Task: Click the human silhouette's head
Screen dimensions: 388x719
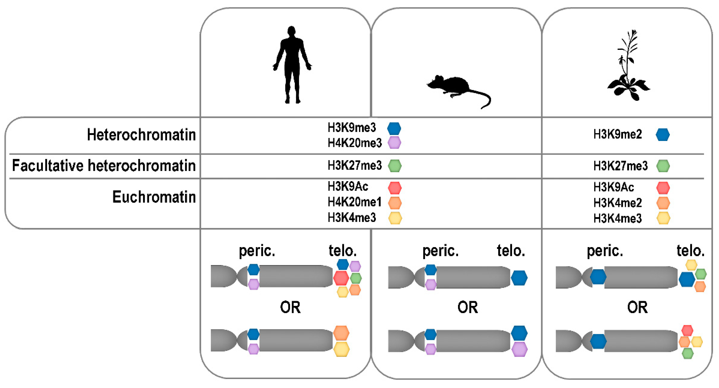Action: point(291,31)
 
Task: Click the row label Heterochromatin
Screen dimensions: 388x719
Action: point(141,135)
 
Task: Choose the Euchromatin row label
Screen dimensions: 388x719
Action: point(154,197)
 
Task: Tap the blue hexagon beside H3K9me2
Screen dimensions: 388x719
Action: point(662,135)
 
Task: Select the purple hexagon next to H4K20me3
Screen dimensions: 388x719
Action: point(394,143)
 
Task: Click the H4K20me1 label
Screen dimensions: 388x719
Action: point(355,202)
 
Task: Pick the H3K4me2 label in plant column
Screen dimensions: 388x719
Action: point(618,203)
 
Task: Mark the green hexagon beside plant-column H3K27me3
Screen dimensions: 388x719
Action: point(663,166)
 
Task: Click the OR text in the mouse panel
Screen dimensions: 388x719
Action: point(467,307)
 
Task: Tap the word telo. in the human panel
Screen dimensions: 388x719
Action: point(342,251)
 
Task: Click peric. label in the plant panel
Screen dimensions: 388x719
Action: point(605,251)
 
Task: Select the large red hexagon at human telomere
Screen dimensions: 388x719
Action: point(341,278)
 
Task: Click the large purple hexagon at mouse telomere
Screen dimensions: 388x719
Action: point(519,349)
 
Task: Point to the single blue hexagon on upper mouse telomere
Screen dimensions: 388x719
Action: point(519,278)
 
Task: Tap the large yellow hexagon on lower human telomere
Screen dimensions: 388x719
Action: point(341,349)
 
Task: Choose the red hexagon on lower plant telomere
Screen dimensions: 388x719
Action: point(687,330)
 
